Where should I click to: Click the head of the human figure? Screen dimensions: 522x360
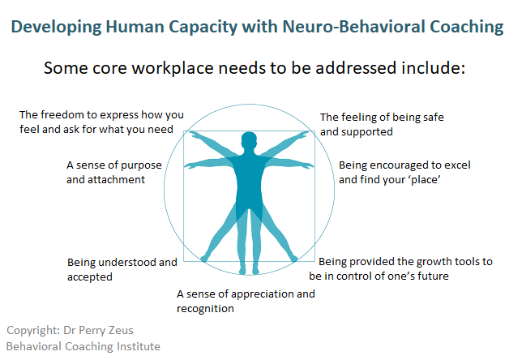click(249, 140)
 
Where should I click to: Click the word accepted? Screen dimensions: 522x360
click(90, 277)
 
